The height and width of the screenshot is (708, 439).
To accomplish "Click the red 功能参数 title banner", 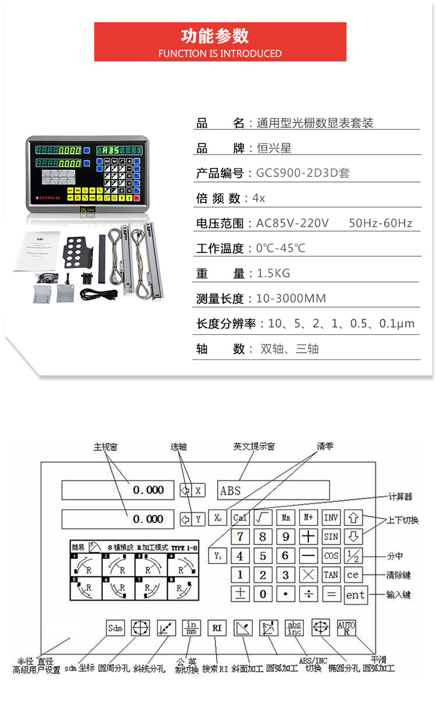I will [x=220, y=42].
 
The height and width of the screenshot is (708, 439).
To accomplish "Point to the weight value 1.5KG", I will [x=273, y=273].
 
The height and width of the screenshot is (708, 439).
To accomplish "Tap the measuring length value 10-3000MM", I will [x=291, y=298].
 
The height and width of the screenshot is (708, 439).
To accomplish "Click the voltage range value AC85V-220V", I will [x=293, y=223].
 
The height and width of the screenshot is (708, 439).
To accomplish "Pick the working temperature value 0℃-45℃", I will [x=281, y=248].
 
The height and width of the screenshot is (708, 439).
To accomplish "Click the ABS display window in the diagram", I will [x=273, y=490].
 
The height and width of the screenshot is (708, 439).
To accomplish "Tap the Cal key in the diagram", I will [x=240, y=518].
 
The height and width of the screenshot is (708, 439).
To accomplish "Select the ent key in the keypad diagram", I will [x=355, y=595].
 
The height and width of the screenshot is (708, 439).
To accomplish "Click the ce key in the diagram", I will [x=353, y=575].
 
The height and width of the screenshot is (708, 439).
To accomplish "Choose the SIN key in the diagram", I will [x=331, y=537].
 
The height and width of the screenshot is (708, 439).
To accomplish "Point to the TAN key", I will [x=331, y=575].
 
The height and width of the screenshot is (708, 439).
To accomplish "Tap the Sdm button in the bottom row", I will [x=115, y=628].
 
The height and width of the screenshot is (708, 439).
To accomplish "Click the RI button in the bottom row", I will [x=217, y=628].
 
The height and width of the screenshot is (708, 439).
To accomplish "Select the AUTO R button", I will [x=347, y=628].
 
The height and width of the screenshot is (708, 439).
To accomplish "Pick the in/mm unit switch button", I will [x=191, y=628].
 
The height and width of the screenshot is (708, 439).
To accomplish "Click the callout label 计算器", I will [x=400, y=497].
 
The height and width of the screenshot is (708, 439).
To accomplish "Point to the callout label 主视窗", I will [x=105, y=446].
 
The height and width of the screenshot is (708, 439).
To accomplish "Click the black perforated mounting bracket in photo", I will [x=78, y=249].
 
